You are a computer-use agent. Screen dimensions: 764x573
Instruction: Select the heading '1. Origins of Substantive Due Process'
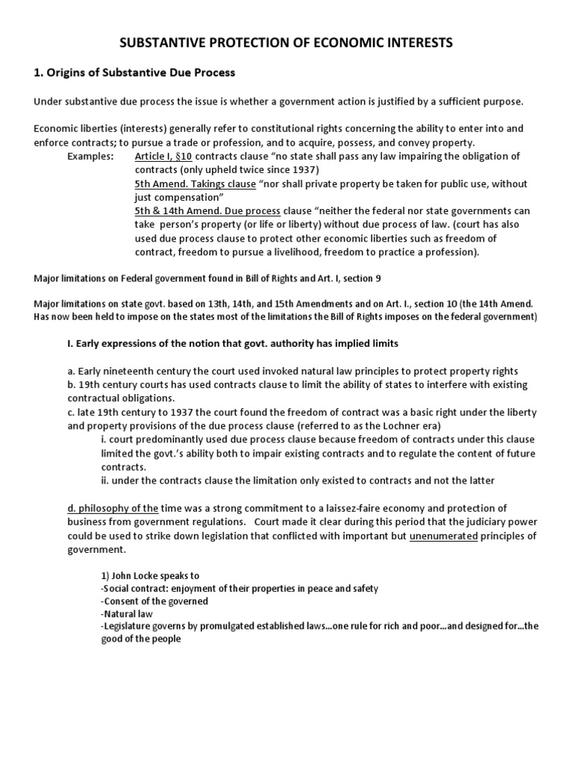pyautogui.click(x=134, y=72)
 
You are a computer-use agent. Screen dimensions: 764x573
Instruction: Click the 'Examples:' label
pyautogui.click(x=90, y=156)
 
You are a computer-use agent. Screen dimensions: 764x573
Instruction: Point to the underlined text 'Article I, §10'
pyautogui.click(x=164, y=156)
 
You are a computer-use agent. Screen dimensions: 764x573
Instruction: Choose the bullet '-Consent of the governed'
pyautogui.click(x=154, y=601)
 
